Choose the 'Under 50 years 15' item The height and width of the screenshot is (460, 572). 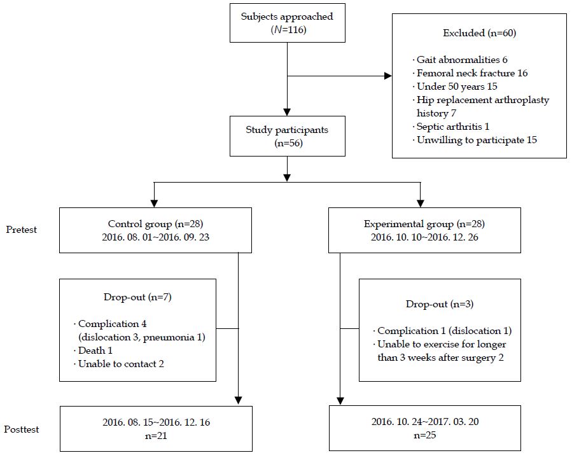(x=457, y=87)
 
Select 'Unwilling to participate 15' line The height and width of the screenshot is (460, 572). (x=476, y=139)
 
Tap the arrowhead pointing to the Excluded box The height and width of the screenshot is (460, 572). (x=387, y=77)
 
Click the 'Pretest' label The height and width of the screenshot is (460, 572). (x=22, y=230)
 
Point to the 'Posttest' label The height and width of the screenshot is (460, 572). (x=24, y=429)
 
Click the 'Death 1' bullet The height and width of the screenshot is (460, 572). (x=95, y=351)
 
